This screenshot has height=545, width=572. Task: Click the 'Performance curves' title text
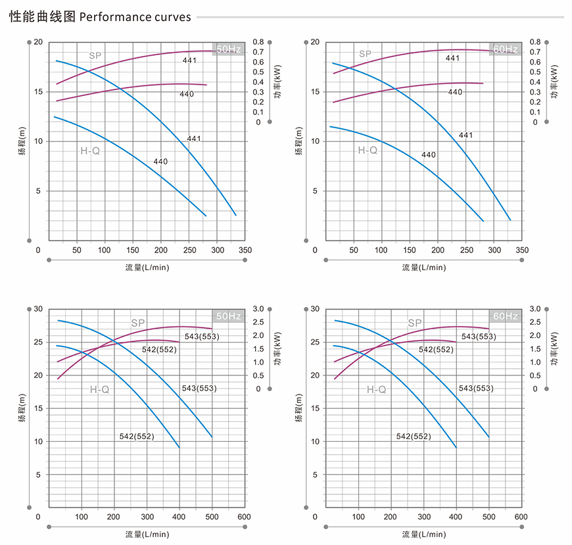[x=135, y=16]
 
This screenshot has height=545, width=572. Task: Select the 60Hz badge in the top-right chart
[x=505, y=49]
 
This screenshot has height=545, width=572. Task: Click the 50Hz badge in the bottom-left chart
[x=229, y=316]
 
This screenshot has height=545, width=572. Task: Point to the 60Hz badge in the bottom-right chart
[x=506, y=316]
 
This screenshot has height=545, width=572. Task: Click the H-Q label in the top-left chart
[x=90, y=151]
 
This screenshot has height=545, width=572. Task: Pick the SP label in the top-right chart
[x=365, y=53]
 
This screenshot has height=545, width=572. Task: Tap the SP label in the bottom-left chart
[x=137, y=323]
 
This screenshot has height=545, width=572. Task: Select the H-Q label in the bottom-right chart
[x=376, y=389]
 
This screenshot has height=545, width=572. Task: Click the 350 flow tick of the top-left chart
[x=245, y=250]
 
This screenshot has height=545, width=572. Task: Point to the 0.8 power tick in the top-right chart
[x=535, y=42]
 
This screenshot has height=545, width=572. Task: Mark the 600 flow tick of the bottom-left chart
[x=245, y=517]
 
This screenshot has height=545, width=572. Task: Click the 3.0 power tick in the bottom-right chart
[x=535, y=309]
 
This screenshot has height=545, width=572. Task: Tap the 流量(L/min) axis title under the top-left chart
[x=147, y=268]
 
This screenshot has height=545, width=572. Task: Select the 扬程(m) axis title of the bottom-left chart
[x=22, y=409]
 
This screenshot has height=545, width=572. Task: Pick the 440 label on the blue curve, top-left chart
[x=160, y=162]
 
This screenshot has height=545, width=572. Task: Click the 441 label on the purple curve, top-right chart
[x=452, y=59]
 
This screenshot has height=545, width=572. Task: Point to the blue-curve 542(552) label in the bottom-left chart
[x=137, y=437]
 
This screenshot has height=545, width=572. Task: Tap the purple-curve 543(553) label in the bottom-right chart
[x=479, y=337]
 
